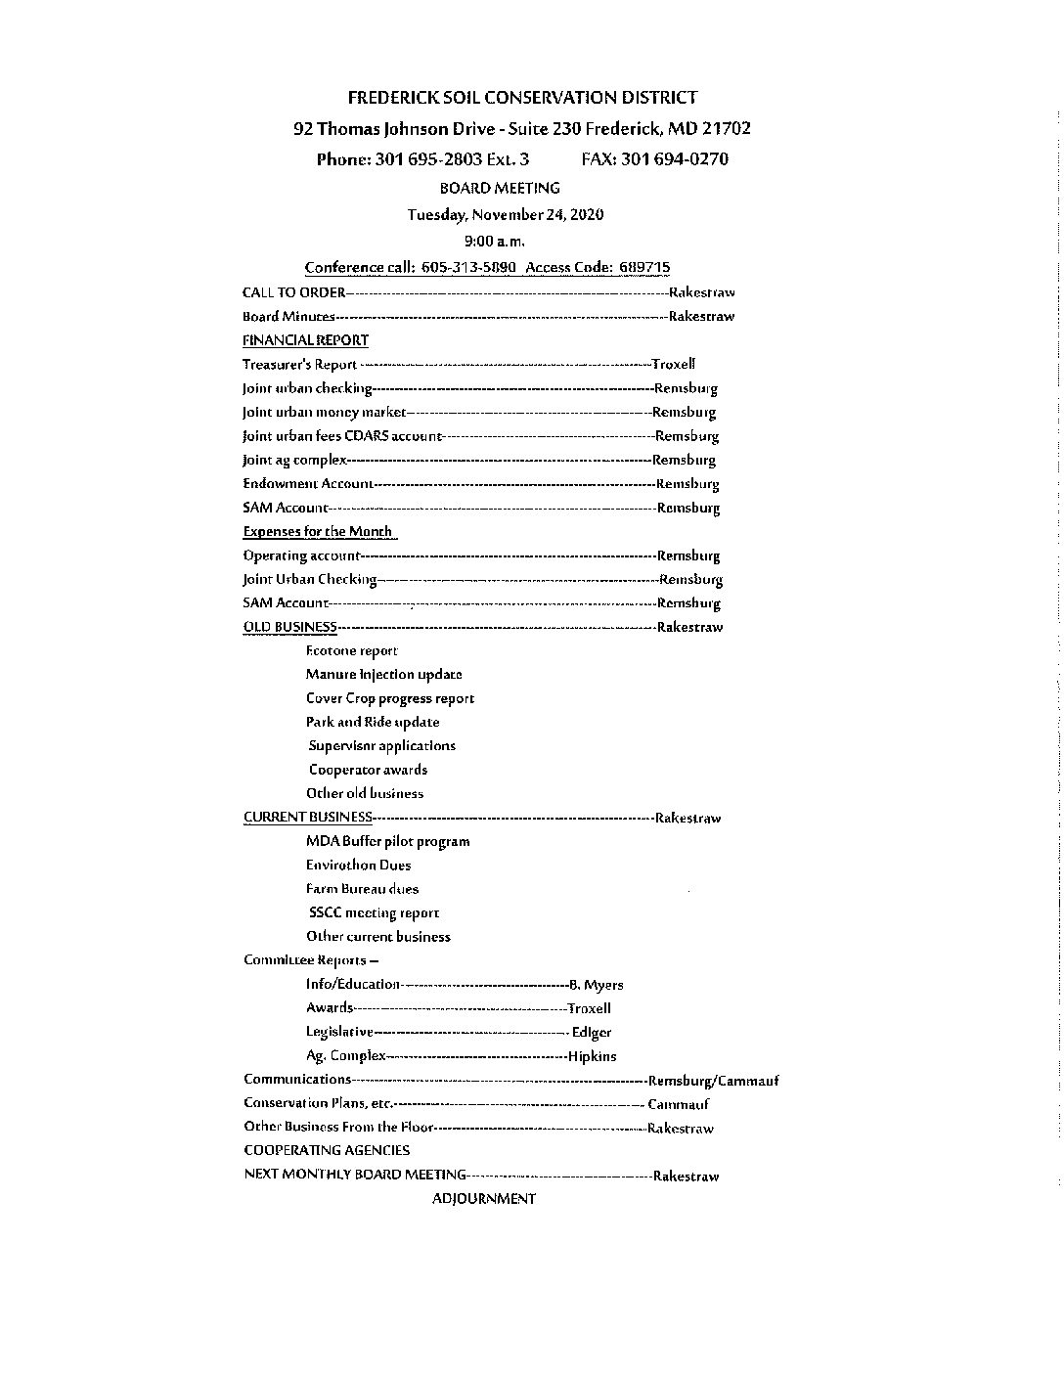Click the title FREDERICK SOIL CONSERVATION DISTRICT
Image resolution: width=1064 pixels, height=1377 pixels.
522,98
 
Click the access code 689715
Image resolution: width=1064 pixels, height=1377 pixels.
644,268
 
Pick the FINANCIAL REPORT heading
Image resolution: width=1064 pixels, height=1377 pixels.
305,340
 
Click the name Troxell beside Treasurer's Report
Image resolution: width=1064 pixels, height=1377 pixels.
674,364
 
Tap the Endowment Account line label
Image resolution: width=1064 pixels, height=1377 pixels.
307,483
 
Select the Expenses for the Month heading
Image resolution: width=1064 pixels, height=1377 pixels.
318,531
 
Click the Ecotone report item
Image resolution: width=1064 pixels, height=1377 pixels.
351,650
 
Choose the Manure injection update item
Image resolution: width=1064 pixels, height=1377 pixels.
383,674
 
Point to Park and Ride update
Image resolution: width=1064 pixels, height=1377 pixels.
372,722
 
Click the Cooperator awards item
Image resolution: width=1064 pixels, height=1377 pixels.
368,770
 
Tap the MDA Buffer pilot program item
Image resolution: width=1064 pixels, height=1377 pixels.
387,841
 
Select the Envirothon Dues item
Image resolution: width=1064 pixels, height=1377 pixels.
358,865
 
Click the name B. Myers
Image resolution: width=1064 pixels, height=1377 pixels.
597,985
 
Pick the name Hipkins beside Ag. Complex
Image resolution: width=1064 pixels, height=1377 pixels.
593,1056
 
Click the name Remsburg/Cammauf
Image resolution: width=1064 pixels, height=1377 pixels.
713,1081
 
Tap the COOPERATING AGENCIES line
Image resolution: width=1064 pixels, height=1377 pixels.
327,1151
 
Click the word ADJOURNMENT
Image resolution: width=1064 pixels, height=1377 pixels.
483,1199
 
